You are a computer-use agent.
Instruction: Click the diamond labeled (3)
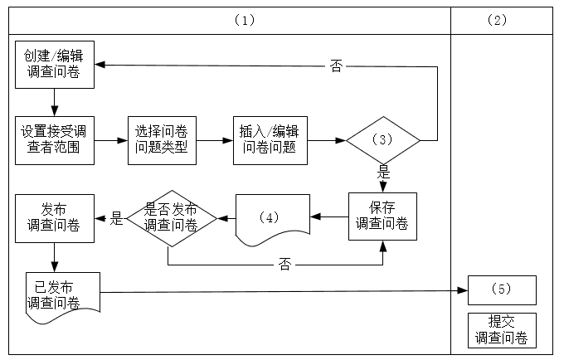[382, 140]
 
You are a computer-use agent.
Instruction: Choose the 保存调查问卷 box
[382, 216]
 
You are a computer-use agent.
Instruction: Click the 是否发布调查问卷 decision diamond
[171, 217]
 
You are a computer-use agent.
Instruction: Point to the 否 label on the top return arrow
[336, 66]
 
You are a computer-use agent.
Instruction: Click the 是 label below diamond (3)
[383, 173]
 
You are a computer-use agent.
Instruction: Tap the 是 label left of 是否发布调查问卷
[116, 218]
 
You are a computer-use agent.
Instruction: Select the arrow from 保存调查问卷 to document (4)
[328, 217]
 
